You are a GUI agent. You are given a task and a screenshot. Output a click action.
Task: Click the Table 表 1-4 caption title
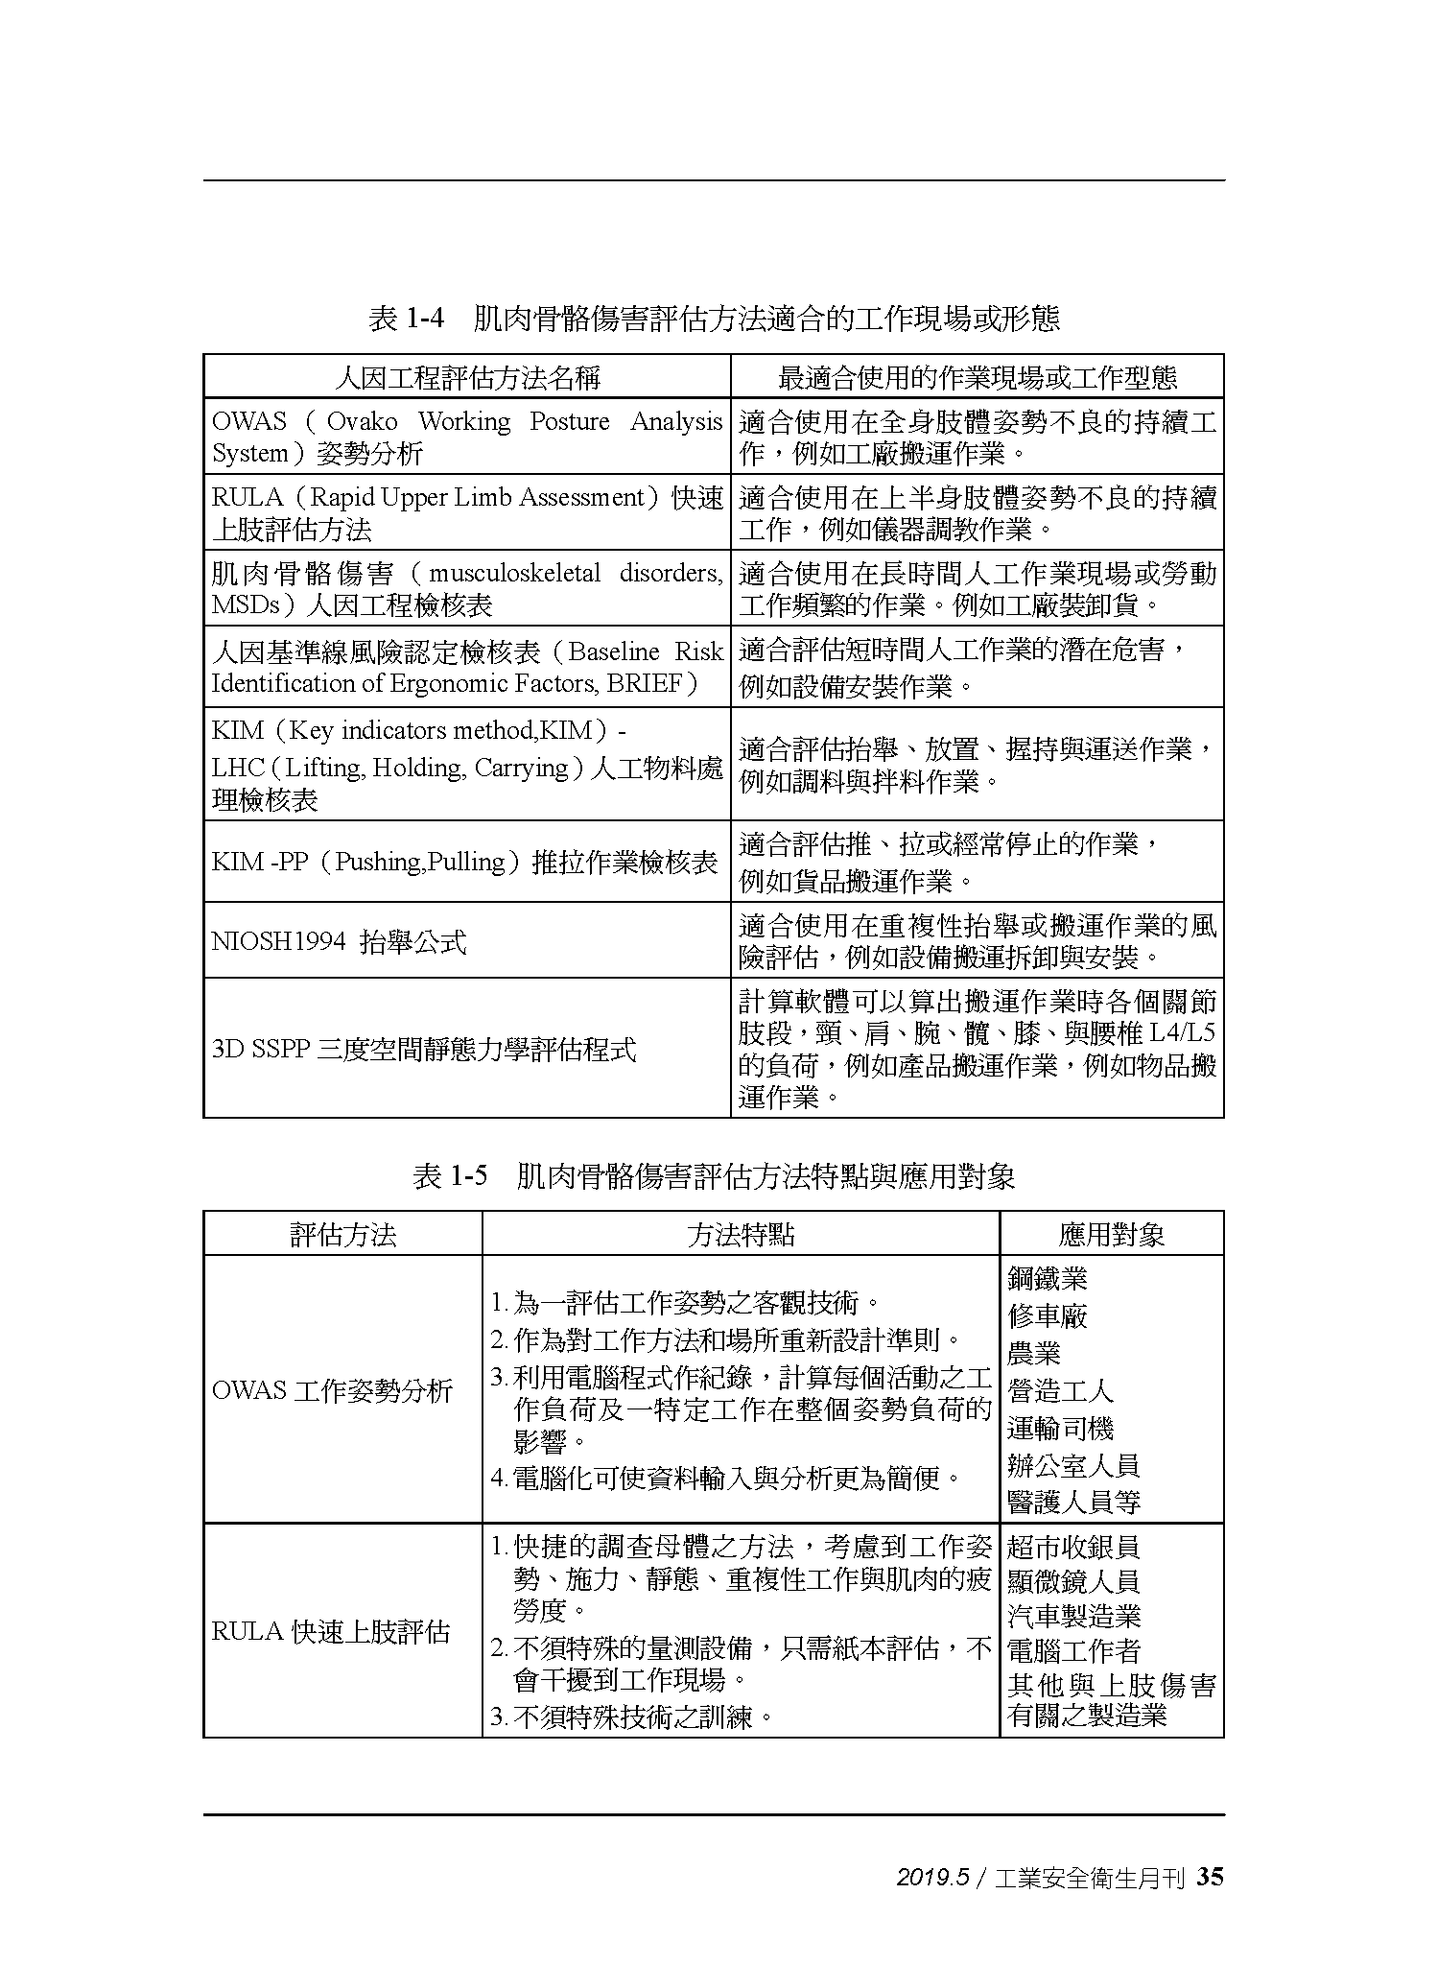(x=714, y=319)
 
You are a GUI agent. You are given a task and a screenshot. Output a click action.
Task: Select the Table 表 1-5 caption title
(x=714, y=1175)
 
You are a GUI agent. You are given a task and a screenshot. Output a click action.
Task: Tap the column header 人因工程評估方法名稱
(x=467, y=377)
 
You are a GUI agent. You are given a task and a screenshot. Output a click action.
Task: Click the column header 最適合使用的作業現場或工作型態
(x=977, y=377)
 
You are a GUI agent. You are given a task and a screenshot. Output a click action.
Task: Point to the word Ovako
(x=362, y=421)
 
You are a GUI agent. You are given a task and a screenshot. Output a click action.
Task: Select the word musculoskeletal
(x=514, y=574)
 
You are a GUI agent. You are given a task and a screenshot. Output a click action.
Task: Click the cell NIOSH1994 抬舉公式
(x=339, y=941)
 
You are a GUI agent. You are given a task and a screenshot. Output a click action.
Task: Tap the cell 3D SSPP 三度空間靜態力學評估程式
(x=423, y=1049)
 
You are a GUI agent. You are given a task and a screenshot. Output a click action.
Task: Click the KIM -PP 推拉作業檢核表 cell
(x=464, y=862)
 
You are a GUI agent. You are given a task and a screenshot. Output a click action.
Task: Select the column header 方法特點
(x=741, y=1234)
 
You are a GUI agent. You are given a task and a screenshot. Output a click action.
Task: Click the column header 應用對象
(x=1111, y=1234)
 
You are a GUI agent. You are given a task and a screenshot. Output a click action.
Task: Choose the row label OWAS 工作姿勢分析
(x=332, y=1390)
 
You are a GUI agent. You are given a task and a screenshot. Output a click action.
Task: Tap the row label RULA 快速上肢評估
(x=331, y=1631)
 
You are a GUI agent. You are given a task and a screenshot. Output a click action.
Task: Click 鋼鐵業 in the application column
(x=1048, y=1278)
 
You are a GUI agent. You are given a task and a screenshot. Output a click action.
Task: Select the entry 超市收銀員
(x=1073, y=1547)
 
